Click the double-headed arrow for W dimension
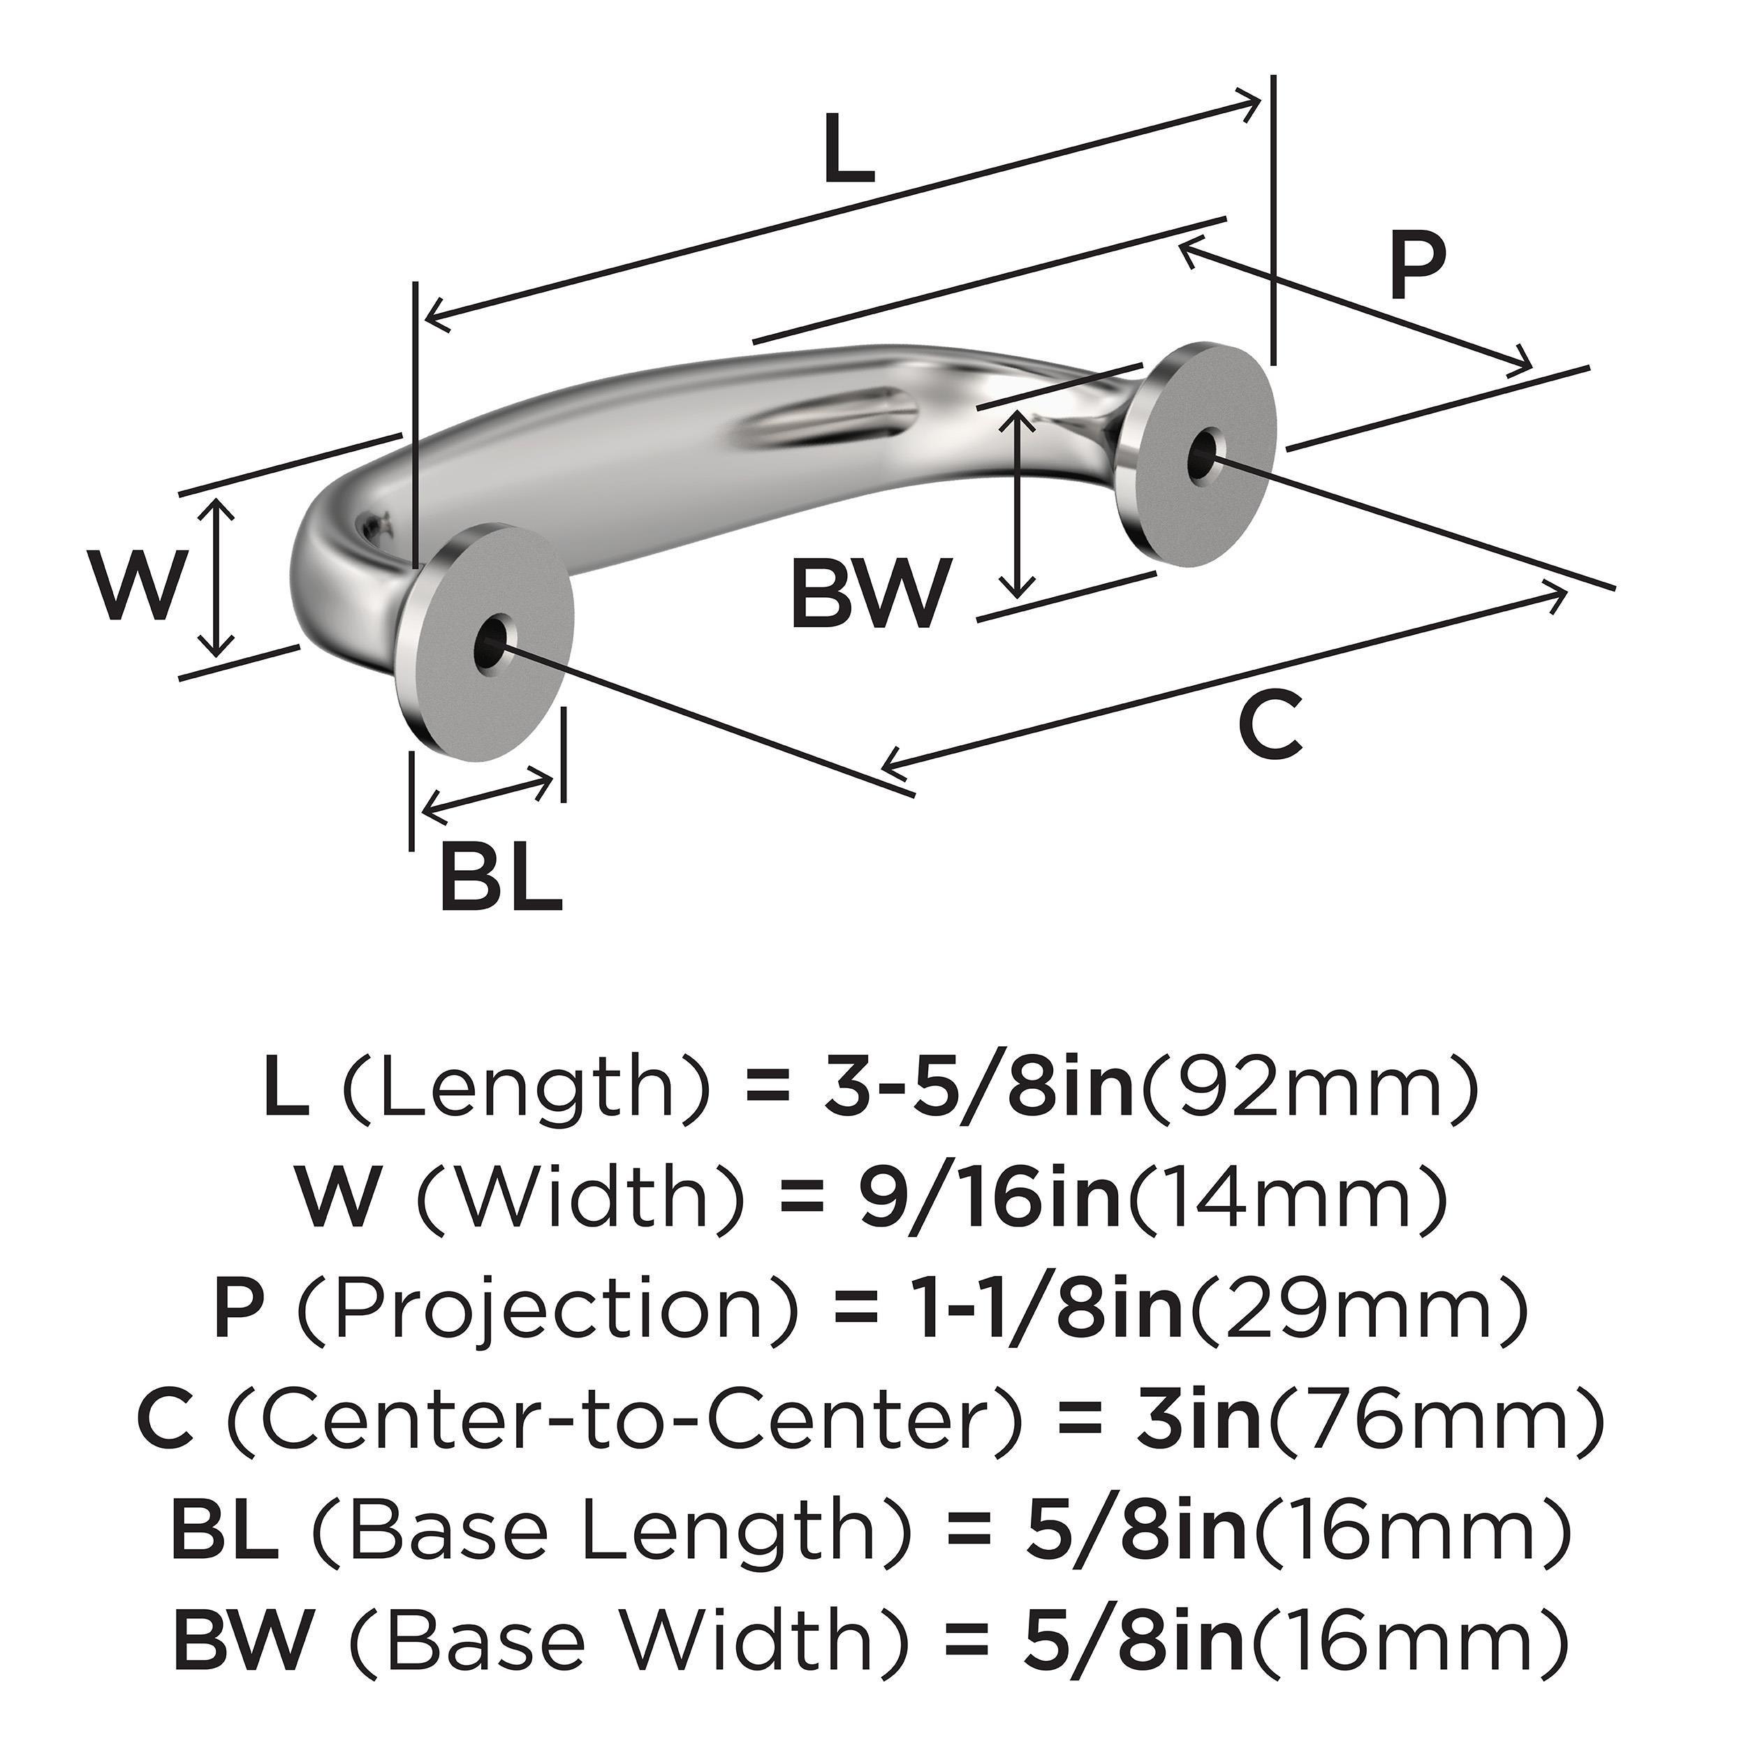coord(216,578)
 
